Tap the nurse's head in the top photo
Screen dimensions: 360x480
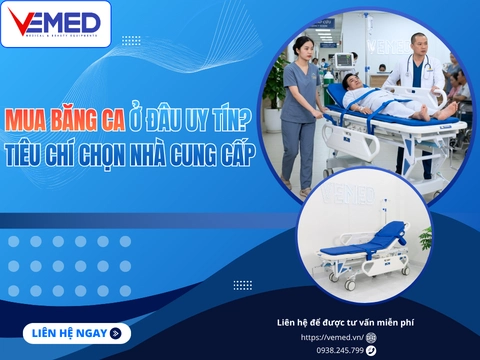[x=302, y=47]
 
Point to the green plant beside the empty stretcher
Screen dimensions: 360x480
[x=424, y=238]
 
